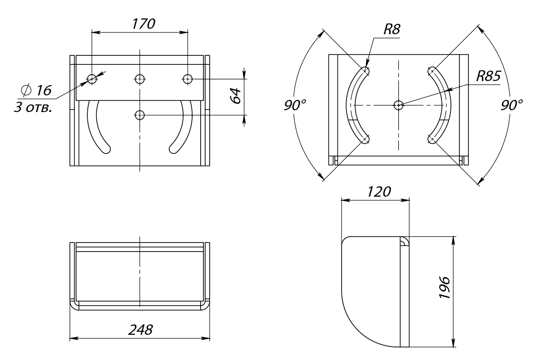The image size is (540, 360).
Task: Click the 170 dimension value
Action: [x=144, y=24]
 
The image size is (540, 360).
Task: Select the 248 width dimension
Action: [x=140, y=330]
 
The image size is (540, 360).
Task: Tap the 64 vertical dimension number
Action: [x=235, y=96]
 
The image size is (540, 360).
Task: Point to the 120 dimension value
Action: [x=379, y=192]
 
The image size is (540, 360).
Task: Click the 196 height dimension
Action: [x=445, y=288]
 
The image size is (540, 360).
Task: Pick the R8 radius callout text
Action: [x=392, y=29]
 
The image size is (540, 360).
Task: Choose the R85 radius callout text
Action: [x=488, y=76]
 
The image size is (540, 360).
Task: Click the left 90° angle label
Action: [x=295, y=105]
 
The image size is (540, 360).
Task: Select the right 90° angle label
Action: [x=512, y=105]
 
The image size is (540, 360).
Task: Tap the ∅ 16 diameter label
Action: [x=36, y=90]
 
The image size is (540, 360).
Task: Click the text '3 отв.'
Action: [x=33, y=108]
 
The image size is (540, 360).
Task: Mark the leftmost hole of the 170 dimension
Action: [x=92, y=79]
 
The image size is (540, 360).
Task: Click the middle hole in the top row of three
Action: [x=140, y=79]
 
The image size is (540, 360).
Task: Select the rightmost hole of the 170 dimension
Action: [x=188, y=79]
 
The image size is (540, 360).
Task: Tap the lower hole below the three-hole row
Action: [x=140, y=115]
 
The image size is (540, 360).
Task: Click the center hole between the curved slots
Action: [x=399, y=105]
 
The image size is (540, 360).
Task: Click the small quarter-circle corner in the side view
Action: [x=404, y=241]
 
